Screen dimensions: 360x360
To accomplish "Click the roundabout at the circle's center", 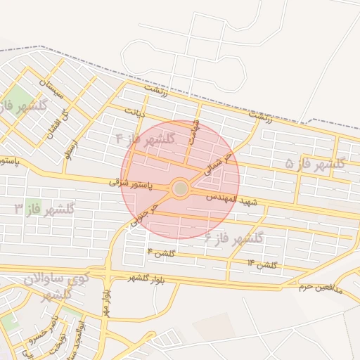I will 181,188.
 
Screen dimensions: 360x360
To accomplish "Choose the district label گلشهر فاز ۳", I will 45,209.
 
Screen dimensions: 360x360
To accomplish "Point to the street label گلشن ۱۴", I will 262,264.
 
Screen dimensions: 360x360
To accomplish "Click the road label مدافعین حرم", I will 319,285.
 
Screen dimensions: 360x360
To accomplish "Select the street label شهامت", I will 195,129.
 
